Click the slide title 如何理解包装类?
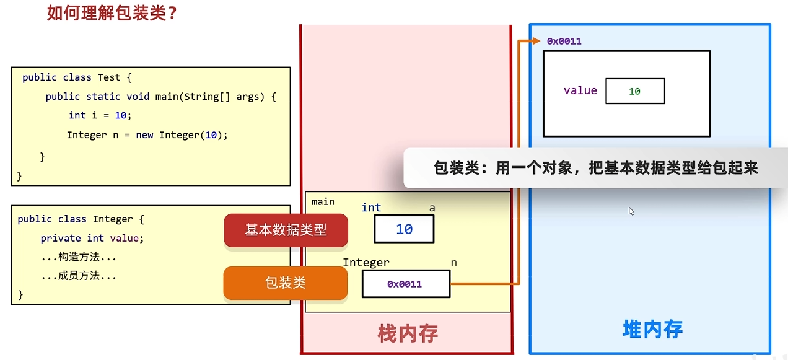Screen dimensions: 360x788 pos(112,13)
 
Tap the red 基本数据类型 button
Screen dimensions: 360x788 pos(286,230)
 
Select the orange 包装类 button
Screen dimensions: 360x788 pos(285,283)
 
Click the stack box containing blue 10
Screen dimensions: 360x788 pos(404,229)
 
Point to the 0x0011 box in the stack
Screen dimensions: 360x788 pos(405,284)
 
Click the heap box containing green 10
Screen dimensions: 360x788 pos(635,91)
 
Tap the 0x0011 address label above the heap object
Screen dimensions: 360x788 pos(564,42)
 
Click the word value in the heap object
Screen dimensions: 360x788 pos(580,90)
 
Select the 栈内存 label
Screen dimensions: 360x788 pos(408,334)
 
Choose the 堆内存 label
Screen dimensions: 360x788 pos(652,329)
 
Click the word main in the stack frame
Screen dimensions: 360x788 pos(323,201)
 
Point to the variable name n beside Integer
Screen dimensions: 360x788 pos(454,263)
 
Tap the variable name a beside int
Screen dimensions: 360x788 pos(432,208)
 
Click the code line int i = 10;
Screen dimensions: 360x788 pos(100,115)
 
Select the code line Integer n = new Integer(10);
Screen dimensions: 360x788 pos(147,135)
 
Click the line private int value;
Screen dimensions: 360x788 pos(92,238)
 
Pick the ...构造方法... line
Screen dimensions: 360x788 pos(79,257)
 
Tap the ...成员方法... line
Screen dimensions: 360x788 pos(79,276)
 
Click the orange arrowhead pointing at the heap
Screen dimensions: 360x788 pos(536,42)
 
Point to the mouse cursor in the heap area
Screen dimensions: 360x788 pos(631,211)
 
